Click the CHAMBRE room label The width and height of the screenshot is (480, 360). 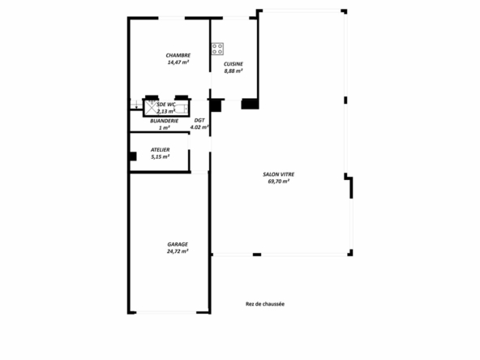(178, 55)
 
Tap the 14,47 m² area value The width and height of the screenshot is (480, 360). (178, 62)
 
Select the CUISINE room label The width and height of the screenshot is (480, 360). (234, 64)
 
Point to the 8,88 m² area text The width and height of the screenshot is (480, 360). (234, 71)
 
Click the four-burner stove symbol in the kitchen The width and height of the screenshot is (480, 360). (217, 49)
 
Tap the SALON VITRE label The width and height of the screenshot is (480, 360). (279, 174)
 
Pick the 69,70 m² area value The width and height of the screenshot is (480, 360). (279, 182)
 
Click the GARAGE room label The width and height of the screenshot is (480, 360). (178, 244)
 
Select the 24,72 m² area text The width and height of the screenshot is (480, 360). (178, 251)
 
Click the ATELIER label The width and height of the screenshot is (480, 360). (160, 150)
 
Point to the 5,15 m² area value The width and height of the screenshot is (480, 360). (161, 156)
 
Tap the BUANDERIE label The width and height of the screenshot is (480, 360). (164, 121)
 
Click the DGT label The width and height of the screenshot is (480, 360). (199, 120)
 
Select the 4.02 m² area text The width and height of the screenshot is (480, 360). (199, 127)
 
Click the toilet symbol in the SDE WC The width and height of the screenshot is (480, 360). (182, 108)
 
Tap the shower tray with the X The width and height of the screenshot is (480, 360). (151, 108)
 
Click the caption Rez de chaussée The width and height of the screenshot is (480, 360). (265, 304)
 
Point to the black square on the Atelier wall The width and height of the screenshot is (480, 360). (133, 156)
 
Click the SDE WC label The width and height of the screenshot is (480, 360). (166, 105)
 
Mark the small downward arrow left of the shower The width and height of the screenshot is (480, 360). (136, 105)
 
